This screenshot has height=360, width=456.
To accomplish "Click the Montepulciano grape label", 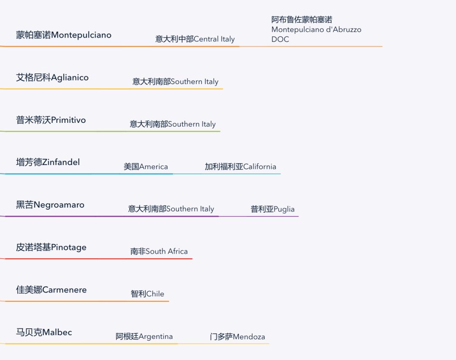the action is pos(64,35).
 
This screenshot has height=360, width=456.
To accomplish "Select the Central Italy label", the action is pos(195,39).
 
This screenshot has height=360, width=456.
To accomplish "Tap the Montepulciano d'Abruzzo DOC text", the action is pos(316,30).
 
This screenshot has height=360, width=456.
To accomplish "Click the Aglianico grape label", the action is pos(52,78).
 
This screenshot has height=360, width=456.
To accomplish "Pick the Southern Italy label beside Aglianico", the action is pos(175,82).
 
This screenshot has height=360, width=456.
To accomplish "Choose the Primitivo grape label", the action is pos(51,120).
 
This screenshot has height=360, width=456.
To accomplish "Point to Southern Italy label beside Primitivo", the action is pos(172,124).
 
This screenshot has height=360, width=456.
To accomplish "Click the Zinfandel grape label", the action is pos(48,162).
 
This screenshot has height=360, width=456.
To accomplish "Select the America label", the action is pos(146,167).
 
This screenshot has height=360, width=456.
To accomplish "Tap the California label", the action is pos(240,167).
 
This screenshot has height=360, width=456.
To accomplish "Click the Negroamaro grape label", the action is pos(50,205).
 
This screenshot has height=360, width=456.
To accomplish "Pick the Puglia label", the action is pos(272,209).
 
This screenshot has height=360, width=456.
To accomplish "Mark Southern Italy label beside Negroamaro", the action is pos(171,209).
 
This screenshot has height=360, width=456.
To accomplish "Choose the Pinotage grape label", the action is pos(51,248).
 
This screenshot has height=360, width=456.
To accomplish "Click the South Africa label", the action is pos(159,252).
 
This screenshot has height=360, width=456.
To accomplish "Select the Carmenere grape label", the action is pos(51,290).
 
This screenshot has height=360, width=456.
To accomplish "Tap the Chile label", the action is pos(147,294).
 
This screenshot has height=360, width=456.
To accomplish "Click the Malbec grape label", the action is pos(44,333).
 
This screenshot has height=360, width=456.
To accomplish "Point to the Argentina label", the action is pos(144,337).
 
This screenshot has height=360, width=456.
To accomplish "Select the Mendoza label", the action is pos(237,337).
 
